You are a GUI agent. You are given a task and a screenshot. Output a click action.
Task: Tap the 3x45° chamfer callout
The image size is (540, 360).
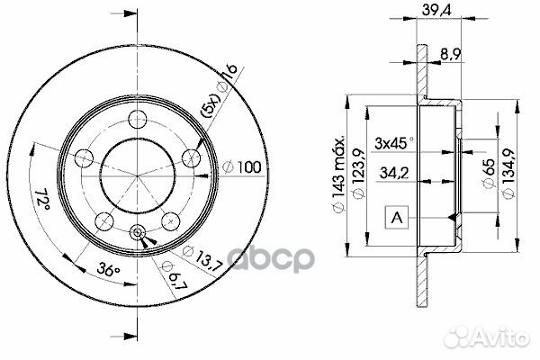393,141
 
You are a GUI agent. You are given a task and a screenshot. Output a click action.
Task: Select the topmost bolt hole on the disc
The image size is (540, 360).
138,118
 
